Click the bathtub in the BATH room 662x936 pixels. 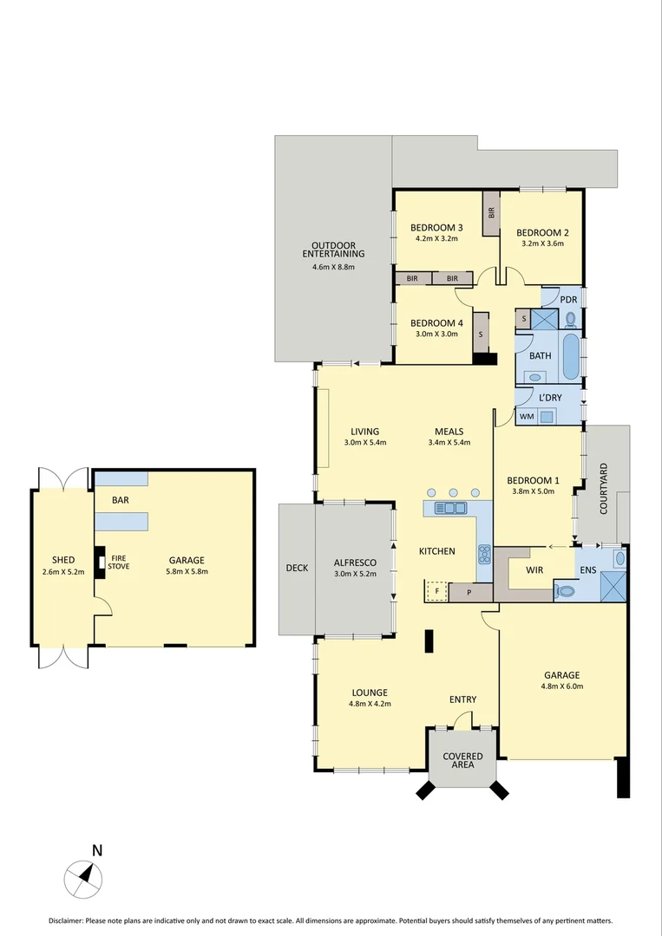point(571,357)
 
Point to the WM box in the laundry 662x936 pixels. point(526,417)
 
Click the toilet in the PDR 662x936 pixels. point(571,319)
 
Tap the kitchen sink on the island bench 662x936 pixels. point(449,508)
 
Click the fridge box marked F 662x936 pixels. point(436,593)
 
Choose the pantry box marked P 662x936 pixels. point(469,594)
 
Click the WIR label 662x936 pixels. point(534,570)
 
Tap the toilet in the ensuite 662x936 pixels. point(566,592)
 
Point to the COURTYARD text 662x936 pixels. point(604,489)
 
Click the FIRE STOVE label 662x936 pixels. point(119,562)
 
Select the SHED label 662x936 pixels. point(62,560)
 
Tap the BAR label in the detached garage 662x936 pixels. point(121,501)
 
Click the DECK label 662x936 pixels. point(297,569)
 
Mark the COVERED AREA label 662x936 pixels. point(462,761)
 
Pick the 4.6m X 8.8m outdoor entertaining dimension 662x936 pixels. point(333,267)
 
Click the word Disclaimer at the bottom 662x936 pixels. point(66,920)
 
